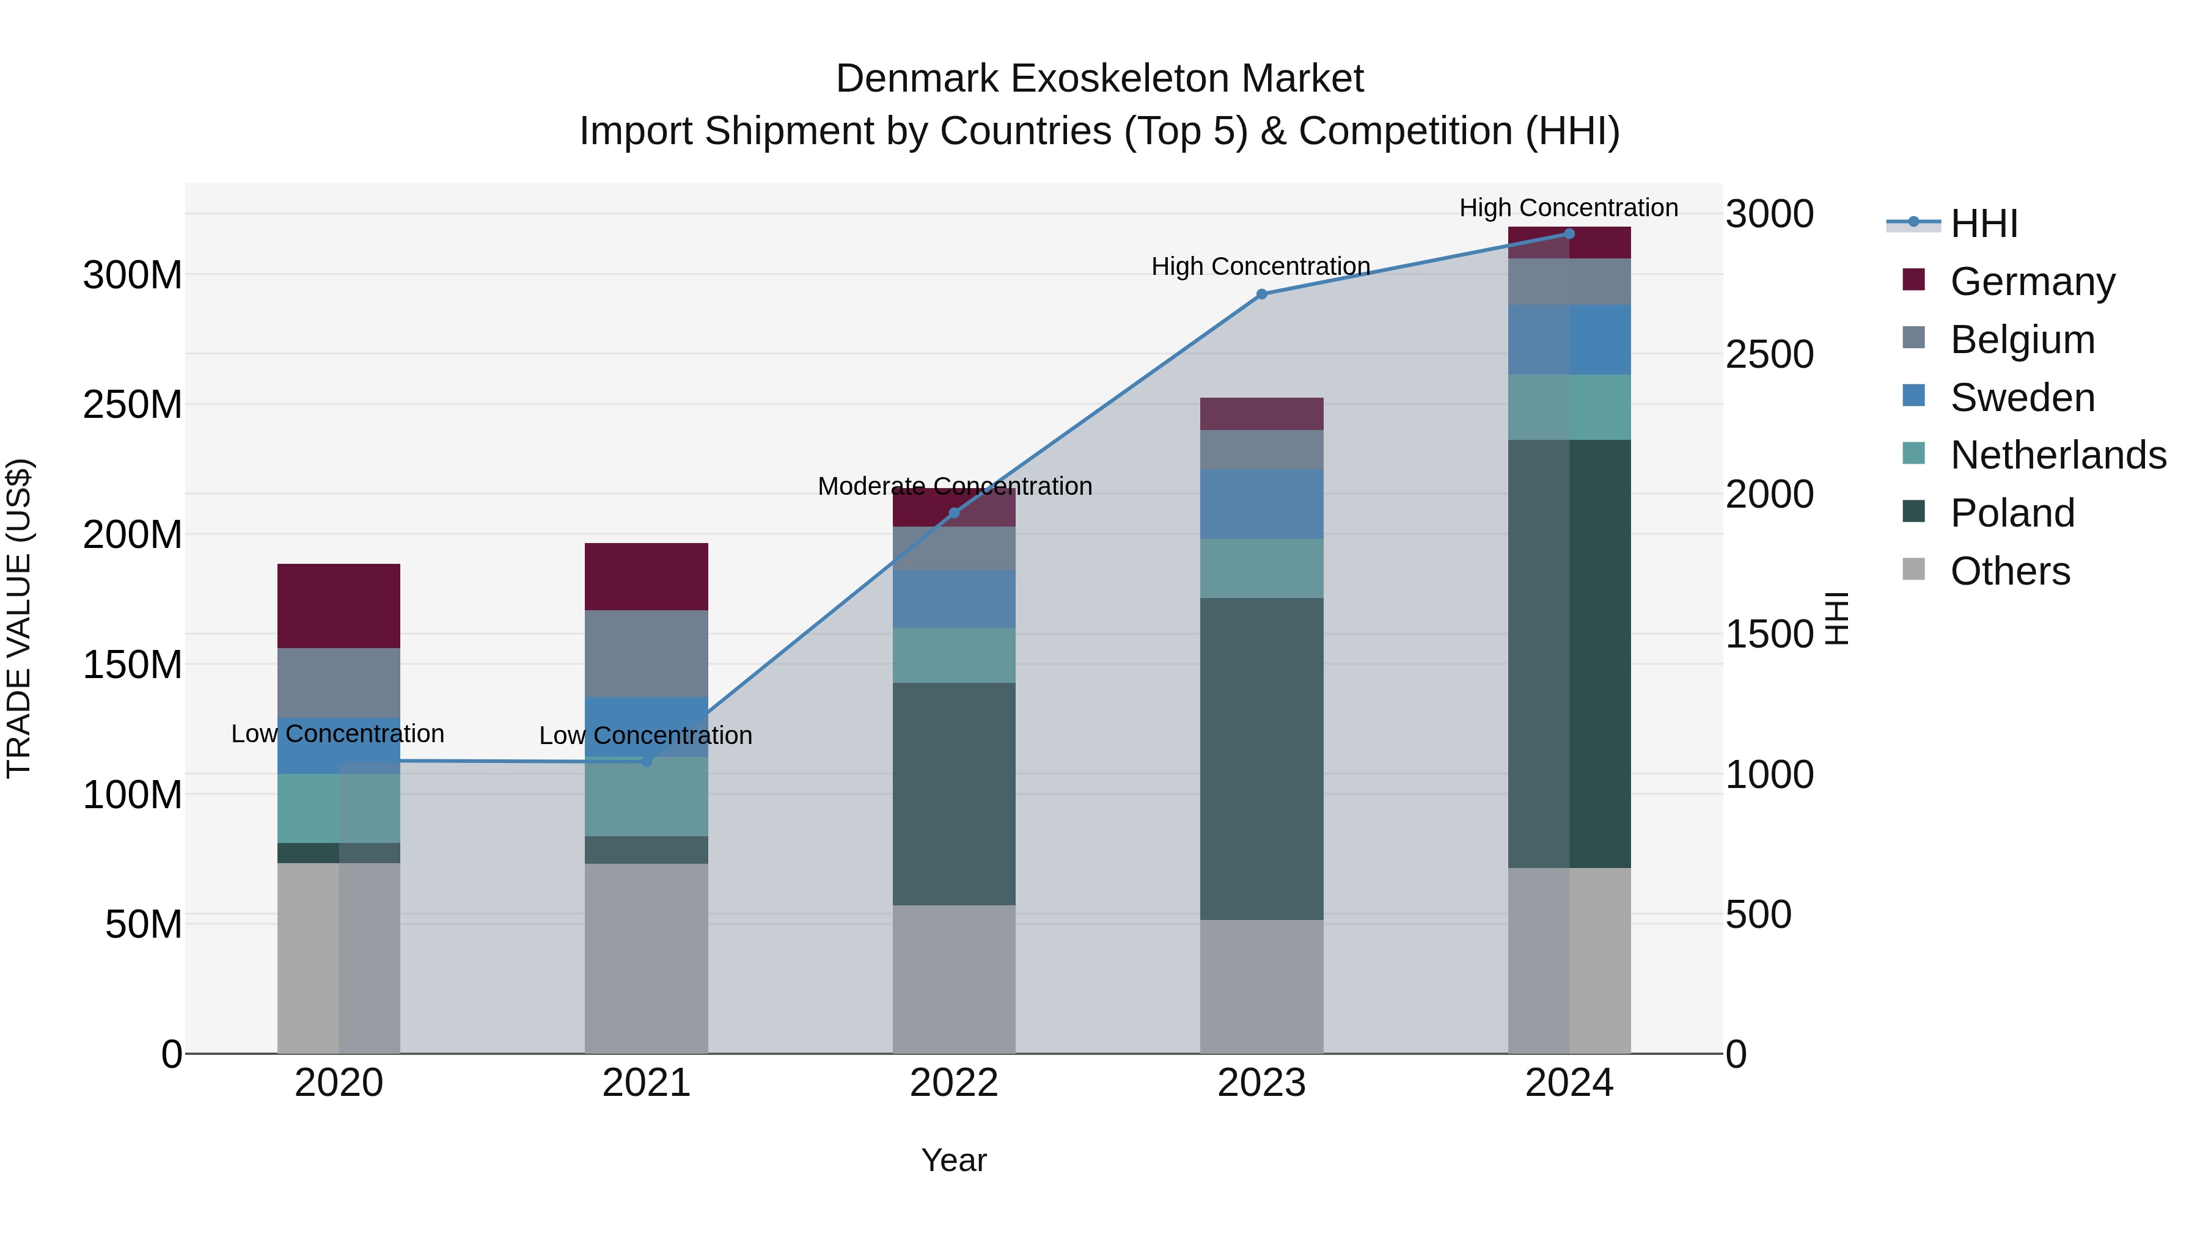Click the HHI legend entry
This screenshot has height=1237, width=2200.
1983,224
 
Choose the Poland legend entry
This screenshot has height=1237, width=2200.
2011,513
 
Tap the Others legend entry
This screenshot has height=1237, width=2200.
2009,571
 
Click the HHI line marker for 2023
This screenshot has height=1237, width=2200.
1261,294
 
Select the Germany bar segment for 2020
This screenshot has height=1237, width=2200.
339,605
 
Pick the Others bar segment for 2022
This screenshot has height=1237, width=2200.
954,979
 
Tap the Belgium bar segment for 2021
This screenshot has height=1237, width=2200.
647,653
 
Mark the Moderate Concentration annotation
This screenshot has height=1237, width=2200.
955,487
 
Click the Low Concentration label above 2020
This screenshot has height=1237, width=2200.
337,734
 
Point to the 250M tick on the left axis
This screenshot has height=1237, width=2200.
133,404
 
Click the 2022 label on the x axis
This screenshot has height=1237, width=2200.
954,1083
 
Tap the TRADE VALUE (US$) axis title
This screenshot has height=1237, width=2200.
20,618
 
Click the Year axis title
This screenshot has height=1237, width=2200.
954,1160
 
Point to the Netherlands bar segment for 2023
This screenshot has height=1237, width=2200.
1261,569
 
